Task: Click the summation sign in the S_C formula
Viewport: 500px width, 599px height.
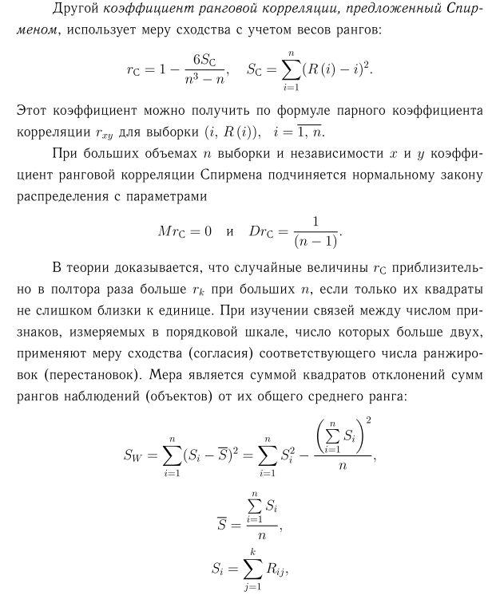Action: pos(296,72)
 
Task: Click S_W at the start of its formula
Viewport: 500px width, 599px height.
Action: pos(134,455)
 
